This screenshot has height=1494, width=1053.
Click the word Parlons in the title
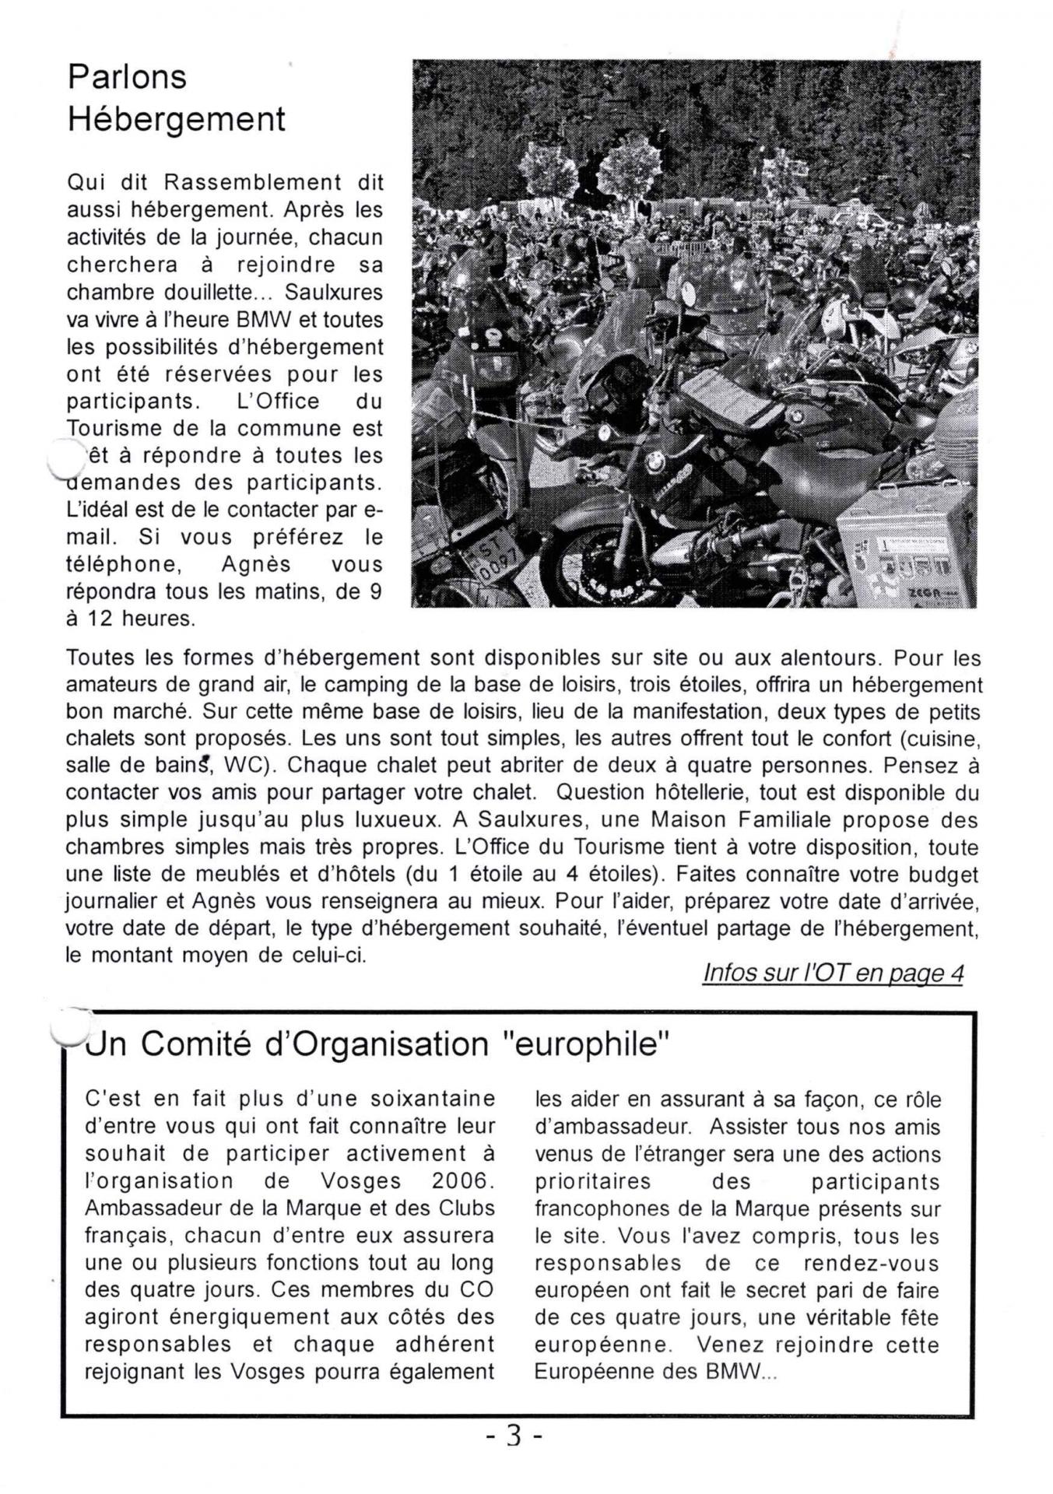[x=127, y=78]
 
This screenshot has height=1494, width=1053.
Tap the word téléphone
[x=126, y=565]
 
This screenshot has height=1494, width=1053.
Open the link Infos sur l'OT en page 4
[x=833, y=973]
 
